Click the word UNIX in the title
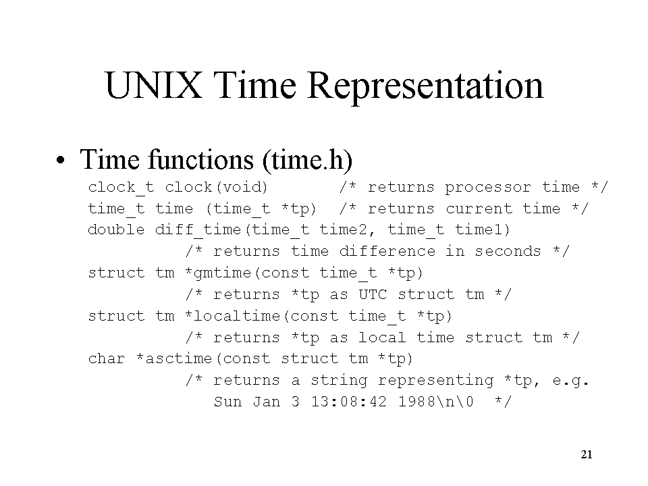[x=154, y=85]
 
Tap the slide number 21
[x=587, y=454]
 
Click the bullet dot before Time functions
[x=60, y=161]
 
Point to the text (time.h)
[x=307, y=160]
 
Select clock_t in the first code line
[x=121, y=188]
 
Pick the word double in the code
[x=116, y=230]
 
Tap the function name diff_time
[x=198, y=230]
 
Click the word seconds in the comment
[x=508, y=251]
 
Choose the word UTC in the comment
[x=373, y=294]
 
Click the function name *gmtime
[x=218, y=273]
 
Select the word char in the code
[x=106, y=358]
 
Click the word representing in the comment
[x=435, y=381]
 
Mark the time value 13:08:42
[x=349, y=402]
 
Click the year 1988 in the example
[x=416, y=402]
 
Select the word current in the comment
[x=479, y=209]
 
